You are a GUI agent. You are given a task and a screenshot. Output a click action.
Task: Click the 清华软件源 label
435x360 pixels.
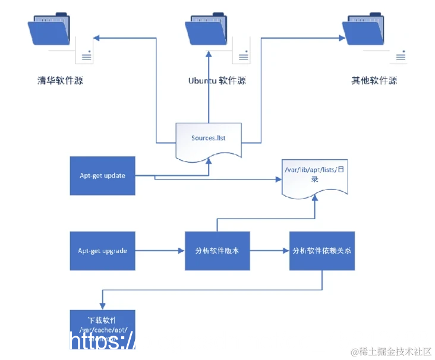[x=59, y=80]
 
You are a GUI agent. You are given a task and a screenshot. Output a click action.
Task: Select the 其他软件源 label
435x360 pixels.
[x=374, y=80]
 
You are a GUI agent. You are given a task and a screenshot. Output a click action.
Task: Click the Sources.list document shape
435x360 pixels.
[x=208, y=140]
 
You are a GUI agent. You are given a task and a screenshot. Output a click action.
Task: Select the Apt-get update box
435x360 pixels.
[x=102, y=176]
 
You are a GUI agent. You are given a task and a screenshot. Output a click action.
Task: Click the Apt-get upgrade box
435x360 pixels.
[x=102, y=251]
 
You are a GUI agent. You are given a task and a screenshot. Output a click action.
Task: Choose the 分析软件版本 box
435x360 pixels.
[x=217, y=251]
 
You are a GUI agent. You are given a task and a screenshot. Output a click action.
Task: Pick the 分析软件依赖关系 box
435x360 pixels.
[x=322, y=251]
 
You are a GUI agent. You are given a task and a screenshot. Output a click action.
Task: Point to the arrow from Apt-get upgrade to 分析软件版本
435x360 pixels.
[x=160, y=251]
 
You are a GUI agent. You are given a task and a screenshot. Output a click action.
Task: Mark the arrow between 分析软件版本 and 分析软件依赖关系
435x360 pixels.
[x=269, y=251]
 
